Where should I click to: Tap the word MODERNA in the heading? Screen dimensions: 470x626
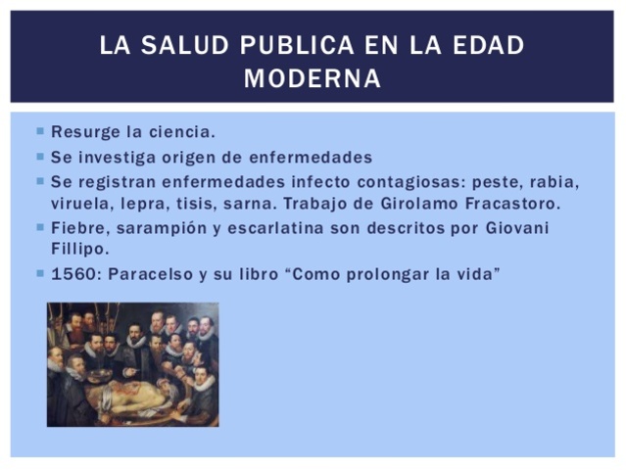tap(313, 79)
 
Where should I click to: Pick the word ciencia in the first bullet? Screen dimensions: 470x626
tap(181, 131)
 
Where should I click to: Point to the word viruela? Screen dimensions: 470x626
tap(78, 204)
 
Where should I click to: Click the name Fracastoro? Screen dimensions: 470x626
tap(516, 204)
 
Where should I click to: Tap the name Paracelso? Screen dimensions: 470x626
tap(145, 274)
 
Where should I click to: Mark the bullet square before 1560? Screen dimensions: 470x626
tap(40, 274)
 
